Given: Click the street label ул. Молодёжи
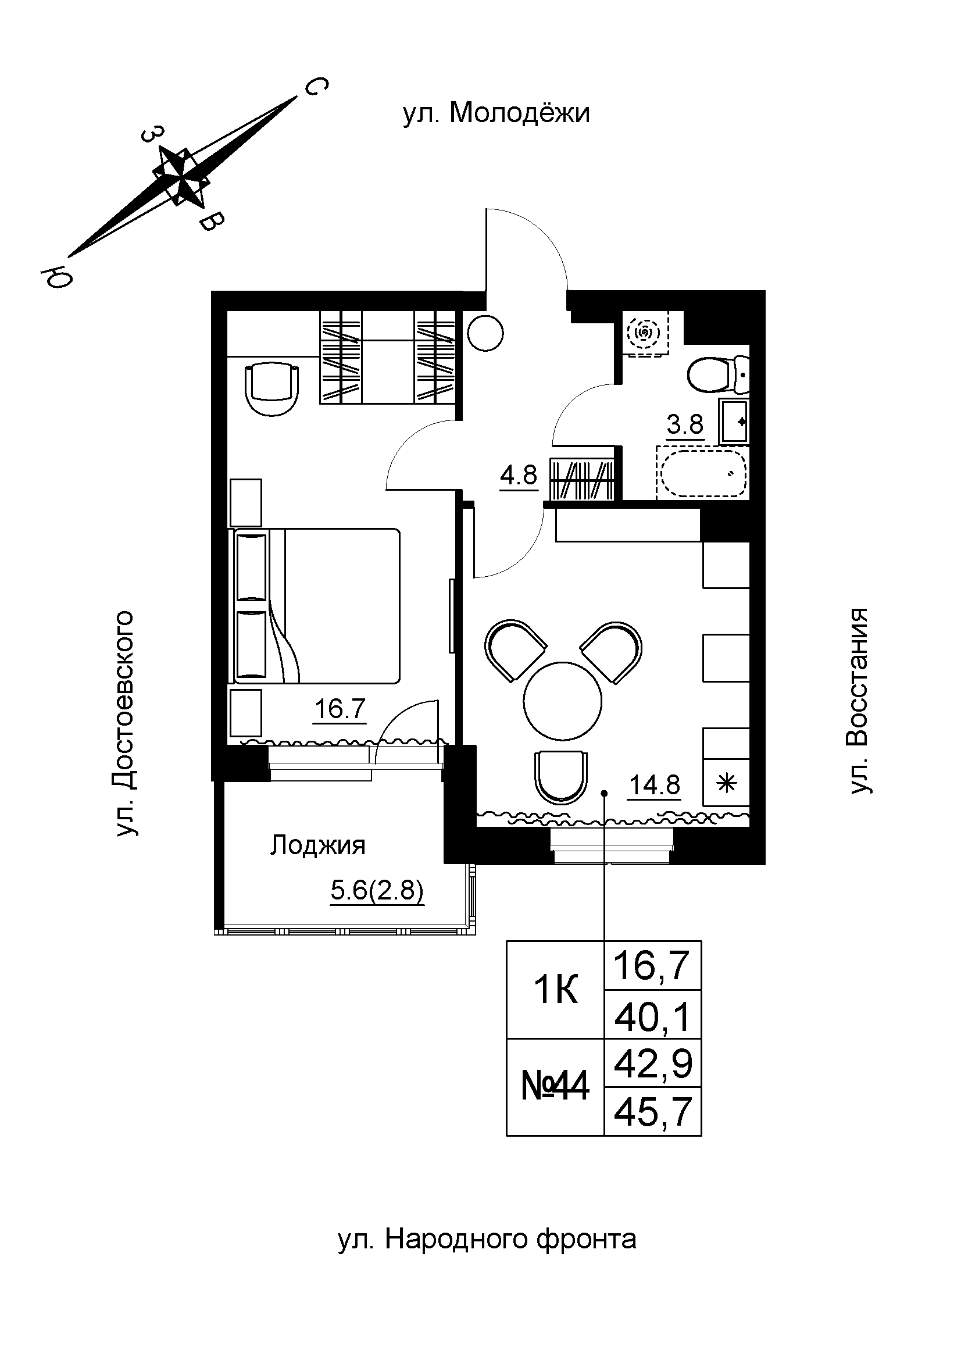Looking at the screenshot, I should [x=496, y=113].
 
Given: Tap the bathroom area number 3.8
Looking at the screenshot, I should [x=684, y=424].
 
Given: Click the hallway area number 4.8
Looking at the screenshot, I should [x=518, y=475].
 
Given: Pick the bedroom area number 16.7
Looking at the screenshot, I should [x=340, y=708].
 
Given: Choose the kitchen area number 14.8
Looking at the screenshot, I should [x=654, y=786].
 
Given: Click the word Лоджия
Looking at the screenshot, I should [x=318, y=845].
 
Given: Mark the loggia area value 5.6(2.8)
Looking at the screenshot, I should [x=377, y=890].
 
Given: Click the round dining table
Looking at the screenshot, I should [x=562, y=700].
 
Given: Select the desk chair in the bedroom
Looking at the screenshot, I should [x=271, y=389].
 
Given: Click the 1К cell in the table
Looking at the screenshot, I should [x=555, y=990].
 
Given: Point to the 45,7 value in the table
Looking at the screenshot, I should [x=652, y=1112].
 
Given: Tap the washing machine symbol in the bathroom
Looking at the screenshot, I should [x=646, y=335].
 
